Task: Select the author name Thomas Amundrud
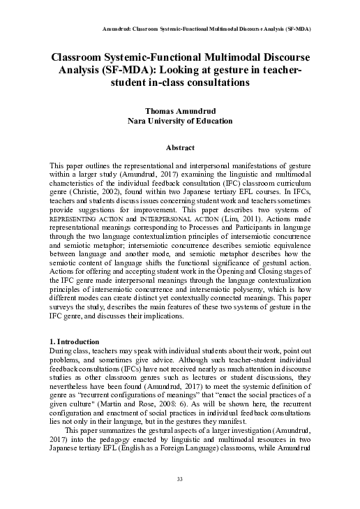click(x=180, y=110)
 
